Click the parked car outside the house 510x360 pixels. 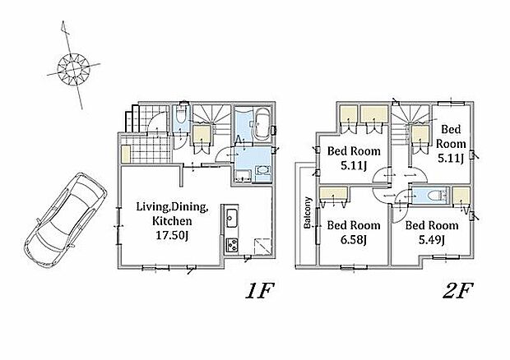click(65, 220)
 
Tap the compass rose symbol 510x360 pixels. click(73, 69)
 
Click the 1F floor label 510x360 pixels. click(260, 292)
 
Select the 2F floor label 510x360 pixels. click(457, 292)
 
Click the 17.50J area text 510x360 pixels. click(172, 235)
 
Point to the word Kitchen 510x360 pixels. click(172, 221)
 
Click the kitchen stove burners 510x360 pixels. click(232, 245)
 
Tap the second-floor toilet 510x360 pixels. click(432, 196)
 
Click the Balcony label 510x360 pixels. click(308, 213)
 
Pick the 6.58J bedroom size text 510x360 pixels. click(354, 240)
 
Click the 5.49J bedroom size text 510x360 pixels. click(432, 240)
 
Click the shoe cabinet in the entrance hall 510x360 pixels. click(126, 154)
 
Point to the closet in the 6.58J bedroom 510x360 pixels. click(333, 194)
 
